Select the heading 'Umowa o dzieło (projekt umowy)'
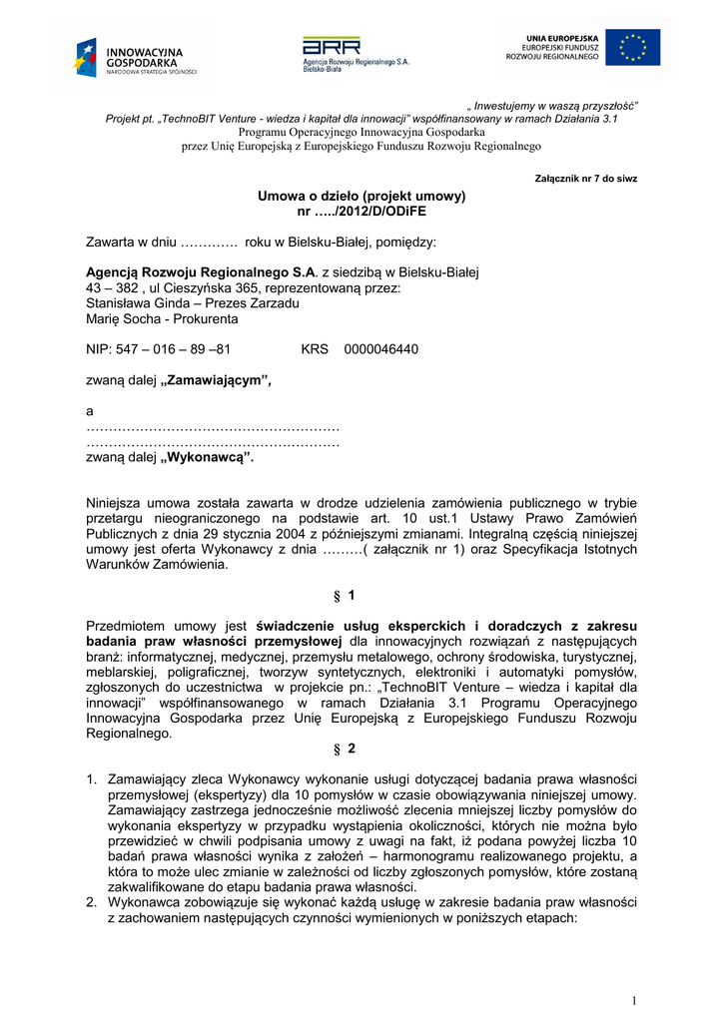click(362, 196)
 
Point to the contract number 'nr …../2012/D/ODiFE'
click(362, 212)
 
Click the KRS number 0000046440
click(380, 349)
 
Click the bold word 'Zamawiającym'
click(217, 380)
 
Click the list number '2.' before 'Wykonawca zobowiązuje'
click(92, 903)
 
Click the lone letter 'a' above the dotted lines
click(90, 411)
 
